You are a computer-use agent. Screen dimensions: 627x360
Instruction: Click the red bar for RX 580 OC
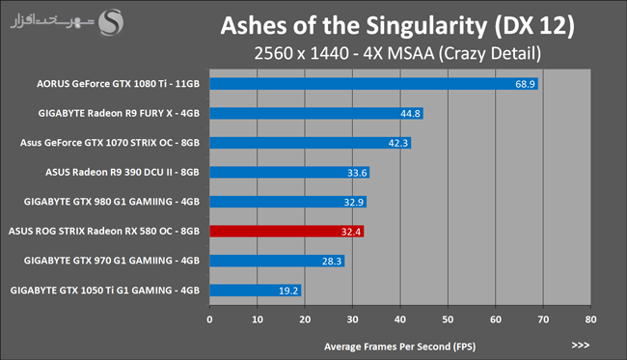click(286, 232)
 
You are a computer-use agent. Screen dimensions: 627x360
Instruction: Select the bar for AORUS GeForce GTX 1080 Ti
click(374, 84)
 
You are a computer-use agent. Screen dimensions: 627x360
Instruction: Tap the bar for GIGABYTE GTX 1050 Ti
click(256, 291)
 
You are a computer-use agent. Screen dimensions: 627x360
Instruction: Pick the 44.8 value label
click(410, 114)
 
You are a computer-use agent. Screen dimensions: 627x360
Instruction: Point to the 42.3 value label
click(397, 143)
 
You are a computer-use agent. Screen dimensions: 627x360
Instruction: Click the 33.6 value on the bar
click(357, 173)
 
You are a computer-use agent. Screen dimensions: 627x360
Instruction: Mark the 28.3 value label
click(332, 262)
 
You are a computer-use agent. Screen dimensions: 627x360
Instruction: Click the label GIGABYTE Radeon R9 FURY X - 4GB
click(119, 113)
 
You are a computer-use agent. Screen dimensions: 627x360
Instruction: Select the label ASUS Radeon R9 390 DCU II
click(122, 172)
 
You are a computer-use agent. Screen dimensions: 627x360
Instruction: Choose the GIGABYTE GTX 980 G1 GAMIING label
click(112, 202)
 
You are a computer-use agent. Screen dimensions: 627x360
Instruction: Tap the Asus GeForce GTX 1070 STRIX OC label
click(110, 143)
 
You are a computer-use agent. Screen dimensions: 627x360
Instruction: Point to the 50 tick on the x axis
click(448, 319)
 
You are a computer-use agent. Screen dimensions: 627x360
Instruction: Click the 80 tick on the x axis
click(590, 319)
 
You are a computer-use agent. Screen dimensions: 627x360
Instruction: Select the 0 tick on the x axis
click(209, 319)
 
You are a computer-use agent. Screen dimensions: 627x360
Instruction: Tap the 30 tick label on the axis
click(352, 319)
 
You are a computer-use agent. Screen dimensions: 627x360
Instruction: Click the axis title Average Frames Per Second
click(400, 346)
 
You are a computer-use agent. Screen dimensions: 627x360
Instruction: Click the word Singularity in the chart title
click(426, 26)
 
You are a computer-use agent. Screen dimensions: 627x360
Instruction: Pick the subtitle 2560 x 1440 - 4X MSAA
click(344, 53)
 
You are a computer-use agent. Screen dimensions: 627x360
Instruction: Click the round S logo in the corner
click(111, 22)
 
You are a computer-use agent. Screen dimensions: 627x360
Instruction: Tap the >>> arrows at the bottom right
click(580, 346)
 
